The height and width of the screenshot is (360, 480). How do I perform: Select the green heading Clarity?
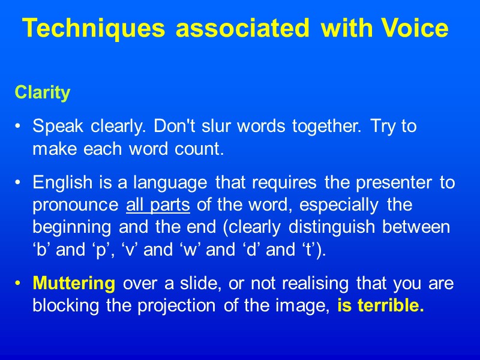tap(43, 93)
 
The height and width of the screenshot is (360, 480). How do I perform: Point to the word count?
tap(201, 149)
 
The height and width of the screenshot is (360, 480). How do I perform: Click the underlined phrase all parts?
tap(158, 205)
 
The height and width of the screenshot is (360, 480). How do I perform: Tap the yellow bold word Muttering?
tap(74, 283)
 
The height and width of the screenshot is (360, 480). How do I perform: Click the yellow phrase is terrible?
tap(380, 305)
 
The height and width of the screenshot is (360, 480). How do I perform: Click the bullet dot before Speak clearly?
tap(20, 127)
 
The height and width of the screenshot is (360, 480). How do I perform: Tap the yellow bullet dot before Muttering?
tap(20, 283)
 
